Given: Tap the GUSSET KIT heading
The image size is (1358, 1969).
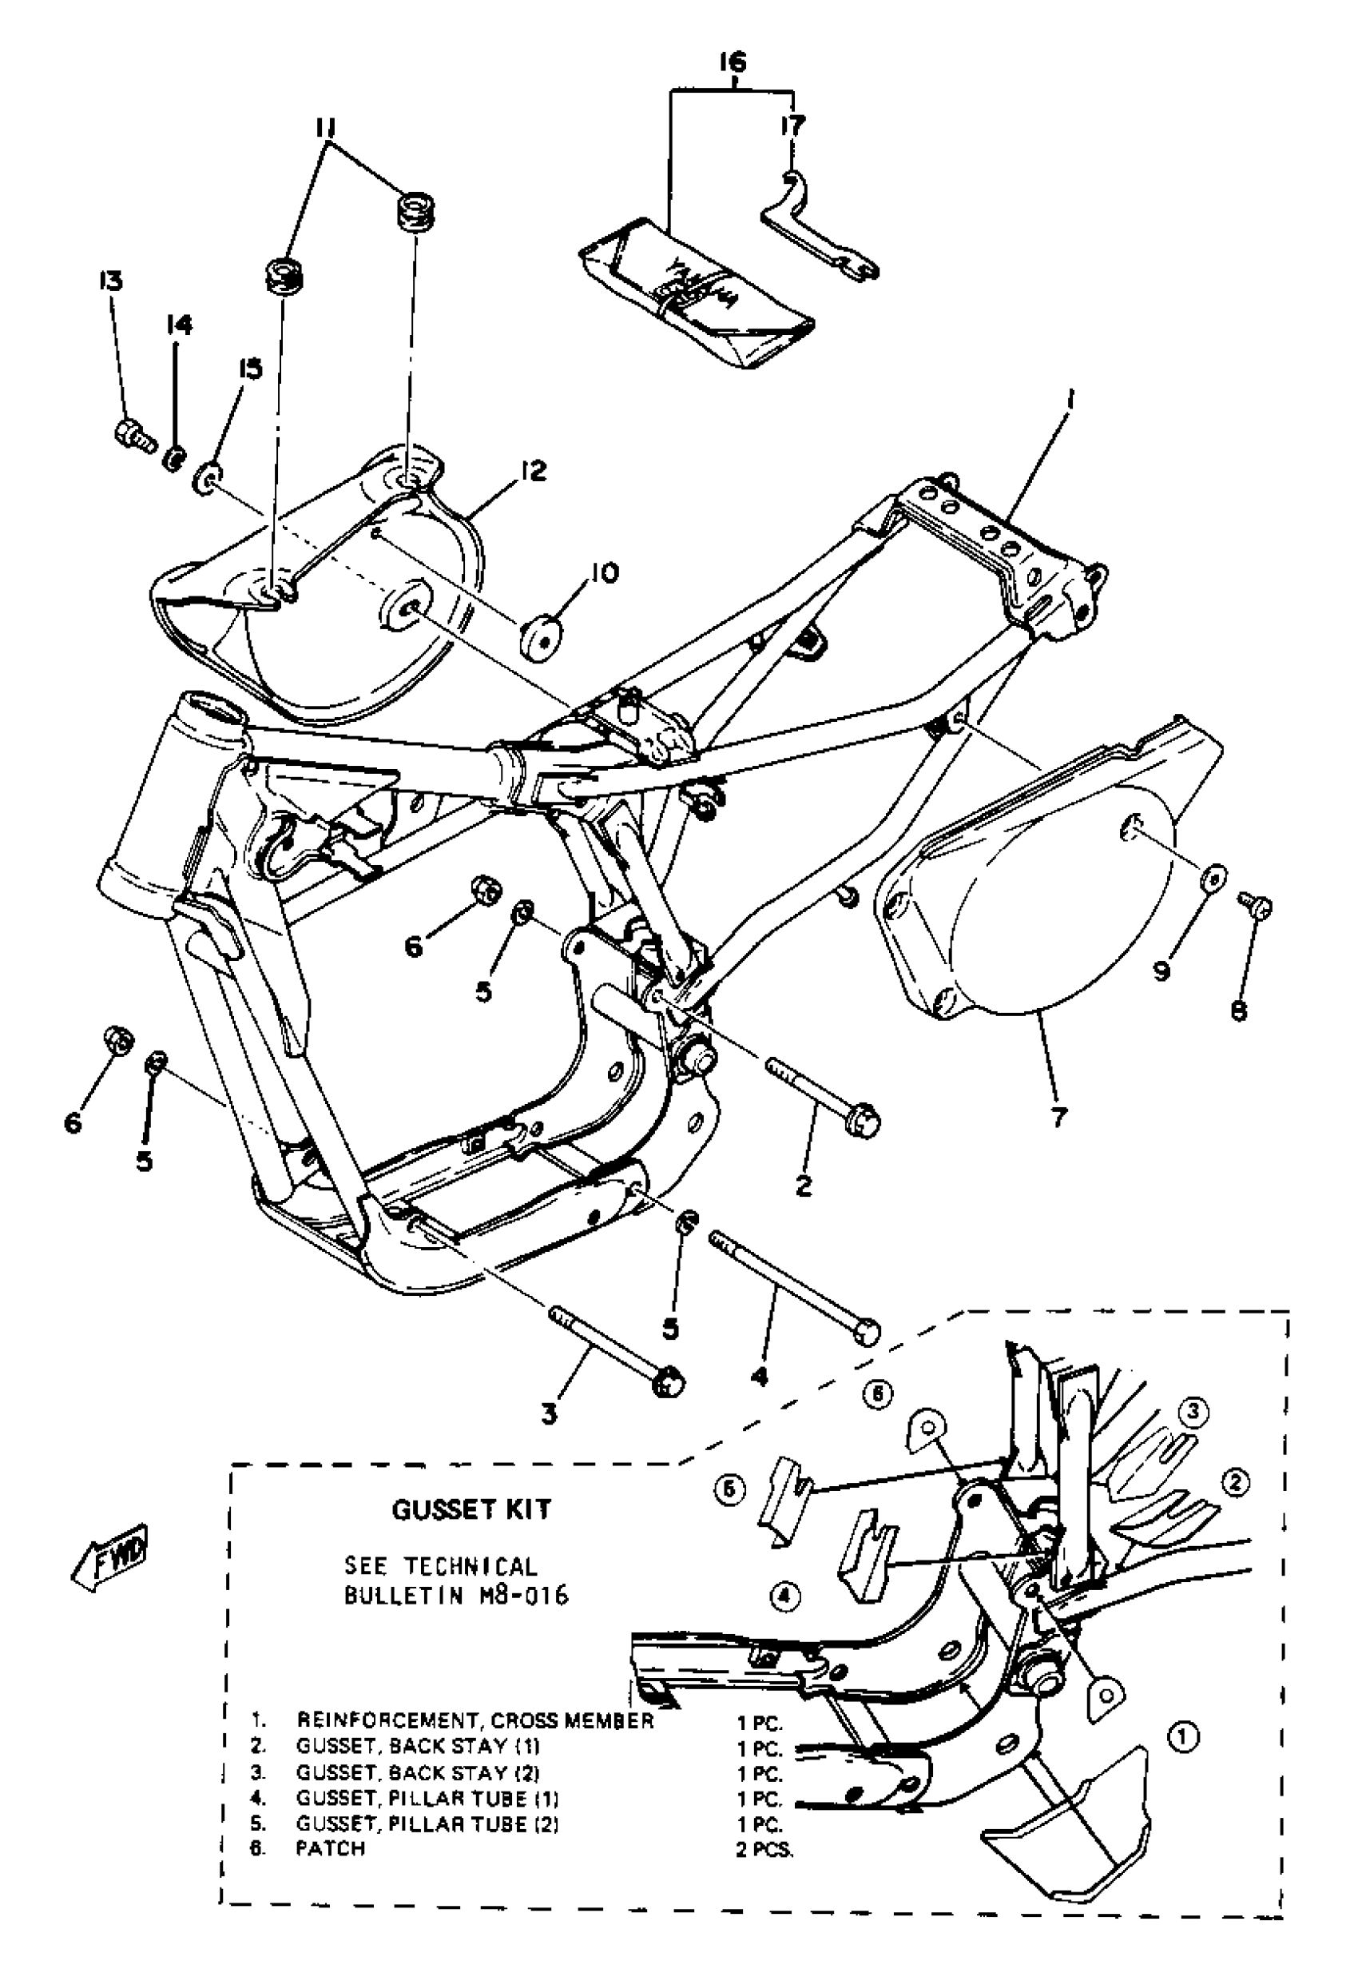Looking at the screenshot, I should pyautogui.click(x=471, y=1509).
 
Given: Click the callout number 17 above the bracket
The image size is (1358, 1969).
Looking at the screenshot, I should pyautogui.click(x=792, y=126).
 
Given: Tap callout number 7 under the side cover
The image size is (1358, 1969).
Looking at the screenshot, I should pyautogui.click(x=1058, y=1116).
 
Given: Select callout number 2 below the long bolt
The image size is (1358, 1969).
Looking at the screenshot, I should pyautogui.click(x=804, y=1186).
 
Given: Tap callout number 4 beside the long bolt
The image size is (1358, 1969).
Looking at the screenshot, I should pyautogui.click(x=759, y=1375).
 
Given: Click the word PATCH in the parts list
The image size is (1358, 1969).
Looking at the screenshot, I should pyautogui.click(x=330, y=1848).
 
